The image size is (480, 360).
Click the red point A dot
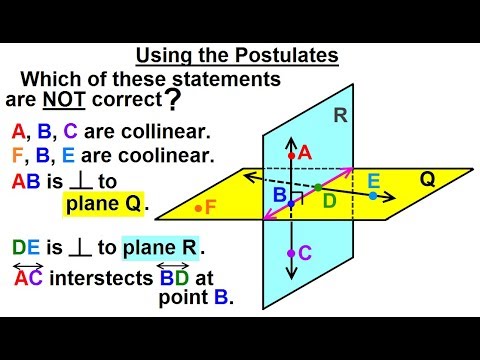pyautogui.click(x=291, y=156)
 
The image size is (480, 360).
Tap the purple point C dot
pyautogui.click(x=291, y=254)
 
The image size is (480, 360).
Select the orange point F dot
pyautogui.click(x=199, y=208)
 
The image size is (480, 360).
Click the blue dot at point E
pyautogui.click(x=372, y=195)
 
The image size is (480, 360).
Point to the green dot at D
pyautogui.click(x=318, y=187)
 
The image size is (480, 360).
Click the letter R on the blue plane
pyautogui.click(x=340, y=116)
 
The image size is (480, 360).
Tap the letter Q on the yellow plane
pyautogui.click(x=427, y=181)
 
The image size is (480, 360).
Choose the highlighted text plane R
pyautogui.click(x=160, y=246)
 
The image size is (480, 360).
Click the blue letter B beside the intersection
pyautogui.click(x=279, y=193)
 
